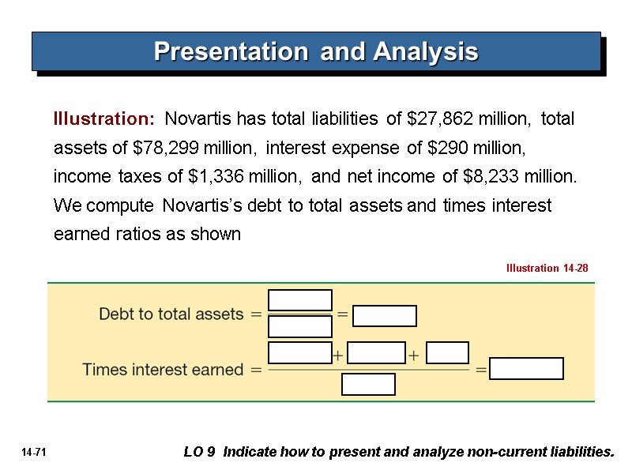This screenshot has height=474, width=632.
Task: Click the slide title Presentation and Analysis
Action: (x=316, y=51)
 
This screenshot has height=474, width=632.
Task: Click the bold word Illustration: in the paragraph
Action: (x=103, y=119)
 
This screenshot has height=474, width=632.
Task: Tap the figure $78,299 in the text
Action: (x=167, y=148)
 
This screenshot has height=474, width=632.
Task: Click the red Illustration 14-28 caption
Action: (x=547, y=269)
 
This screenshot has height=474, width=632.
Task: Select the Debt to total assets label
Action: (x=171, y=314)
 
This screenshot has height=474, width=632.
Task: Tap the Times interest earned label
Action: (x=164, y=369)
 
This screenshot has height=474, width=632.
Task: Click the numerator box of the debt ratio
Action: (x=300, y=300)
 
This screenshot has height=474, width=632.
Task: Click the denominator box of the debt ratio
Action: (x=300, y=326)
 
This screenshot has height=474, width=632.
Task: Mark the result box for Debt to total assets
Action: (x=384, y=315)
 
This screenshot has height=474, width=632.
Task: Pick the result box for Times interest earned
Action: (x=526, y=369)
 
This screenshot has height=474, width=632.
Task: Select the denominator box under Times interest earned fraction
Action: (x=368, y=384)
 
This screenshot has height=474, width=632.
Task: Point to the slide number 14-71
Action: (x=32, y=453)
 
